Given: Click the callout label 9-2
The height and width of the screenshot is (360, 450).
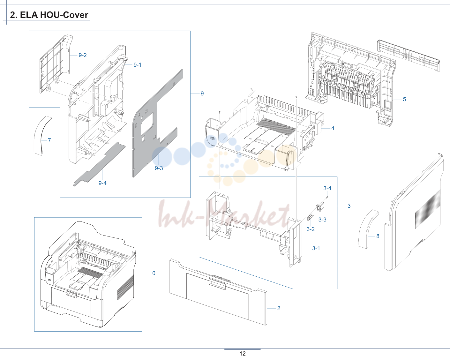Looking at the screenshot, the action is pyautogui.click(x=83, y=55).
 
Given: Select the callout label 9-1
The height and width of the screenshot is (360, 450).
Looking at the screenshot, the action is pyautogui.click(x=137, y=65).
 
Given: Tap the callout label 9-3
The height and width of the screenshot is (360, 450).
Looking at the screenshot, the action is pyautogui.click(x=159, y=168).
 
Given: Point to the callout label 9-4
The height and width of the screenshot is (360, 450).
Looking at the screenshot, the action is pyautogui.click(x=102, y=183).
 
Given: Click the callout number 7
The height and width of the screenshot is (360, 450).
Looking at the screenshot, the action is pyautogui.click(x=49, y=140).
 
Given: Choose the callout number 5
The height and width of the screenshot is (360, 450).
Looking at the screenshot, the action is pyautogui.click(x=404, y=99).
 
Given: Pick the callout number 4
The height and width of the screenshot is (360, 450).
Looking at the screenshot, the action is pyautogui.click(x=333, y=128).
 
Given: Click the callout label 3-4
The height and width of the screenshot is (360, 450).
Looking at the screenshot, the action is pyautogui.click(x=327, y=188).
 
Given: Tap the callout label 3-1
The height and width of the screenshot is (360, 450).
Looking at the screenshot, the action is pyautogui.click(x=316, y=248).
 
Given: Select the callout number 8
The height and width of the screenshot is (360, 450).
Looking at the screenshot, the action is pyautogui.click(x=378, y=236).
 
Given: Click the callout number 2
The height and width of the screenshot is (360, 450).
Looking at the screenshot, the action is pyautogui.click(x=279, y=308).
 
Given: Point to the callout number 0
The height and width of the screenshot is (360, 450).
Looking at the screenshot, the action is pyautogui.click(x=154, y=273).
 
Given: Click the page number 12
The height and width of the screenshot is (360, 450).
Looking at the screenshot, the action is pyautogui.click(x=243, y=354).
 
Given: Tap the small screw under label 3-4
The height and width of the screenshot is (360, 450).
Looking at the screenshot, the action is pyautogui.click(x=327, y=197).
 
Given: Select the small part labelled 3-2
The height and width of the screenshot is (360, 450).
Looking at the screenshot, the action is pyautogui.click(x=311, y=217).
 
